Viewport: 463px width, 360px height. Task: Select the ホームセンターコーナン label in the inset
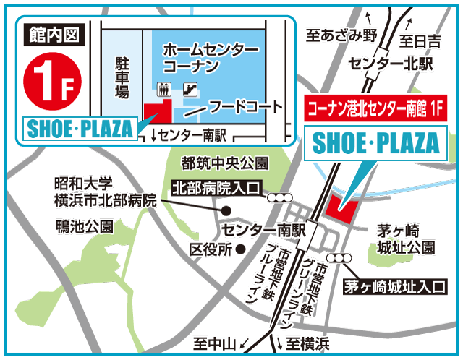click(211, 58)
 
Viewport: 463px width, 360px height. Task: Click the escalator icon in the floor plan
click(191, 90)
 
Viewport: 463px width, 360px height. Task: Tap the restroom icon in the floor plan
click(164, 90)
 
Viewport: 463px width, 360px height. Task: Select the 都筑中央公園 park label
click(214, 163)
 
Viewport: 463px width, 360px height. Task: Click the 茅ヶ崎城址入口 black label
click(394, 286)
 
